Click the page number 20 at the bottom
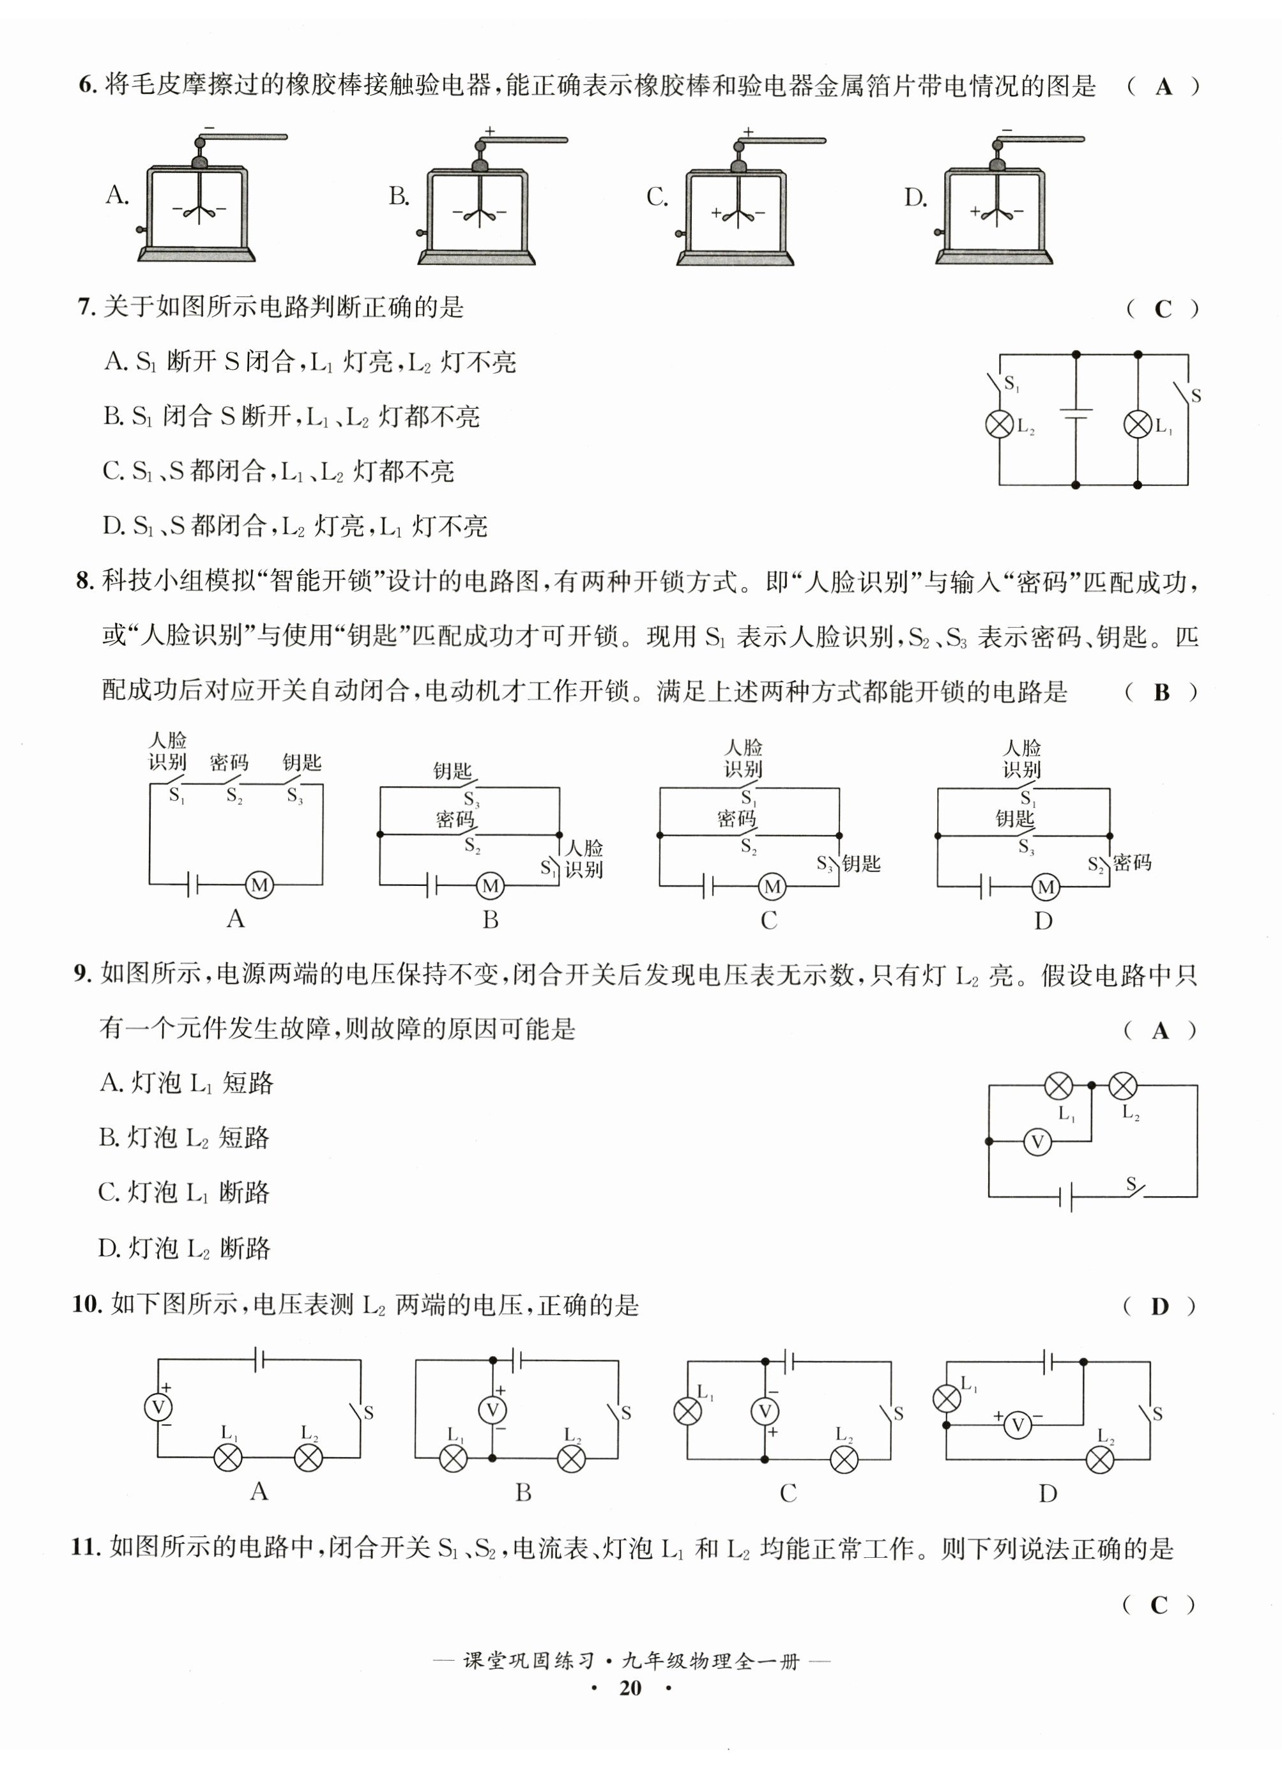[x=630, y=1688]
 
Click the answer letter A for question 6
[x=1163, y=86]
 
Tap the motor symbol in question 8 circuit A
[x=259, y=885]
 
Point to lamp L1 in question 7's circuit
[x=1137, y=424]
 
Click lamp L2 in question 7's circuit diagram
[x=1000, y=424]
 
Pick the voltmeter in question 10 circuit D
[x=1017, y=1425]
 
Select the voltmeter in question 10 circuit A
[x=159, y=1407]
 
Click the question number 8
[x=84, y=581]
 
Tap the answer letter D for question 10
[x=1159, y=1306]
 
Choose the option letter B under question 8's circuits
[x=490, y=920]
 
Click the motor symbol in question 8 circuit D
[x=1046, y=887]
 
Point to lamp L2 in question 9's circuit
[x=1122, y=1085]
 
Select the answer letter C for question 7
[x=1163, y=310]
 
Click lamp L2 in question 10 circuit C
[x=844, y=1459]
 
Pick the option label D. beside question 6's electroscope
[x=915, y=198]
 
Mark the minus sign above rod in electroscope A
[x=208, y=127]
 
